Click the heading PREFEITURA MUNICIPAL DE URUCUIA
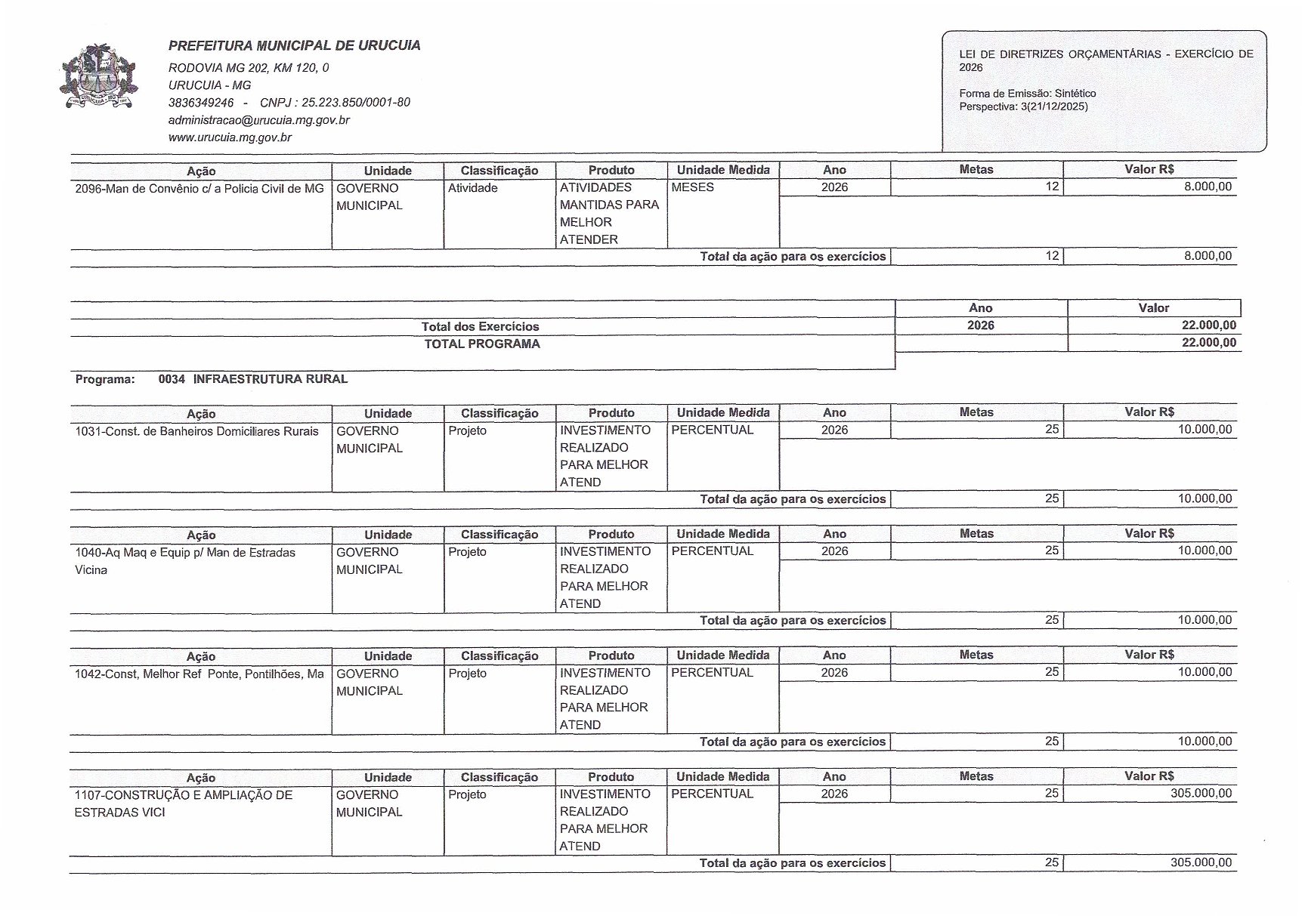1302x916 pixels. (x=294, y=45)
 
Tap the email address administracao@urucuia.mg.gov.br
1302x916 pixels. (x=258, y=120)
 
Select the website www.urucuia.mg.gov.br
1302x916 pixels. (x=230, y=137)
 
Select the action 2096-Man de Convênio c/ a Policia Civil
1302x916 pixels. (x=199, y=188)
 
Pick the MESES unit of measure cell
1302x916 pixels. (x=692, y=187)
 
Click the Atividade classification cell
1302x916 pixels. (x=472, y=188)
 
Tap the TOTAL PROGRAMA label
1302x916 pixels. (x=482, y=344)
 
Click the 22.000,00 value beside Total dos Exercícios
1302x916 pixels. (x=1208, y=325)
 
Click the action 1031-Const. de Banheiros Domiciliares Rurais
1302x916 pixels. (x=196, y=431)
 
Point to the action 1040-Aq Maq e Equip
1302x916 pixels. (x=185, y=553)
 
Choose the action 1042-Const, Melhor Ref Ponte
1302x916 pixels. (x=199, y=674)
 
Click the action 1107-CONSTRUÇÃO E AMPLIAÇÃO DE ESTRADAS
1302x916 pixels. (x=183, y=795)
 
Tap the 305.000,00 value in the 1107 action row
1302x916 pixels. (x=1201, y=794)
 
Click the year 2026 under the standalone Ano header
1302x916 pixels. (x=980, y=325)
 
